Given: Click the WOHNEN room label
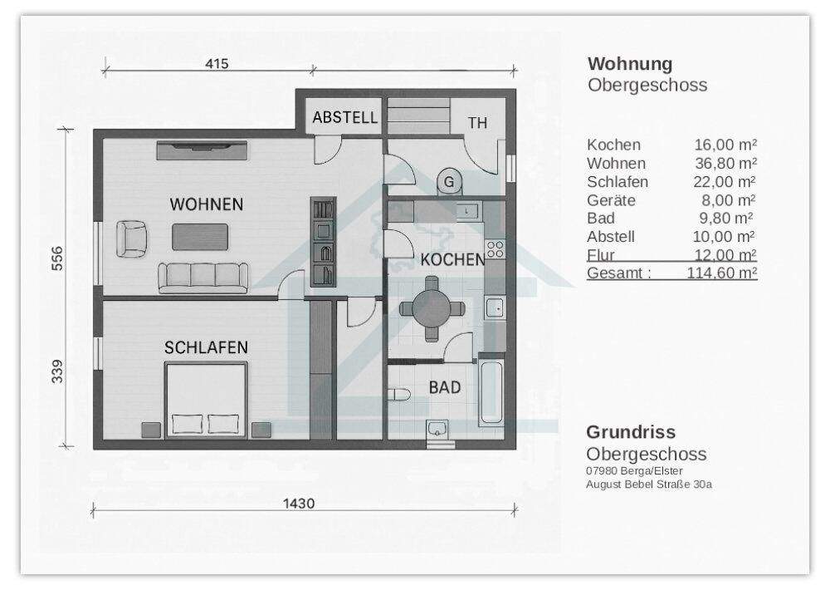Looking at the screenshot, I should tap(207, 204).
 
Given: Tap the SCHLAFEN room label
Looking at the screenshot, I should tap(206, 347).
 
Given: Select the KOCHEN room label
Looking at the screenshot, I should tap(452, 259).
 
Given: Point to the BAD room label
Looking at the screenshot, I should tap(445, 387).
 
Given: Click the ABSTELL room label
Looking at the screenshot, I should tap(344, 118).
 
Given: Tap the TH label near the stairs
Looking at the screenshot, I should tap(477, 123).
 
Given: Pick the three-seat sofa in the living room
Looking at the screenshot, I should tap(204, 276).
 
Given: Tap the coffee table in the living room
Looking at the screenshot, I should tap(200, 237).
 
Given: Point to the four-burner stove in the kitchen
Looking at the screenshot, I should tap(496, 248).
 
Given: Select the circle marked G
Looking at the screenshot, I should tap(449, 180).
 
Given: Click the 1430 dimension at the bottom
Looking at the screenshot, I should tap(298, 504).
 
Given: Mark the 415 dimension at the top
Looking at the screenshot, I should tap(215, 63).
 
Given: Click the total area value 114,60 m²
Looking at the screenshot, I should tap(721, 273).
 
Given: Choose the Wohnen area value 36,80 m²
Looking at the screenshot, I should tap(725, 163).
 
